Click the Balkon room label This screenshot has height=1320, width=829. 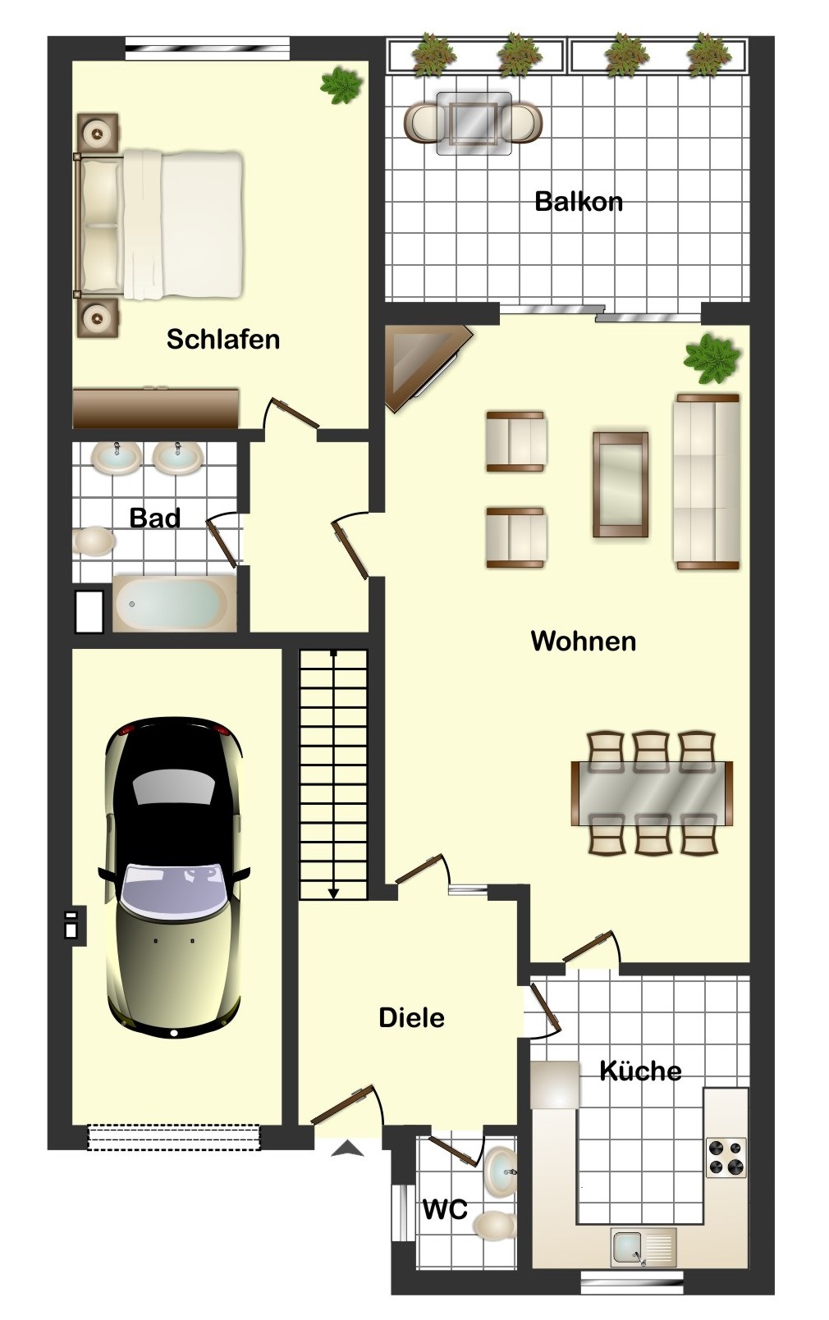(x=579, y=202)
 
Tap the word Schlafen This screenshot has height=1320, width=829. (x=223, y=340)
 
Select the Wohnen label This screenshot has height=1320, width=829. (x=583, y=642)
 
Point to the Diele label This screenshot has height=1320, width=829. (x=411, y=1018)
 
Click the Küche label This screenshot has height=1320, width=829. (x=640, y=1070)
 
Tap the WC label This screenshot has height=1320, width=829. (x=445, y=1209)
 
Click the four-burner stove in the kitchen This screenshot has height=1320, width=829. (x=726, y=1158)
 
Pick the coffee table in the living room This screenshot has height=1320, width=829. (x=621, y=484)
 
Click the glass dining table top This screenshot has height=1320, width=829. (x=652, y=793)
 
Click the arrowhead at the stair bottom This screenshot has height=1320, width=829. (x=334, y=894)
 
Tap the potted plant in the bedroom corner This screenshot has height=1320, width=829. (x=341, y=85)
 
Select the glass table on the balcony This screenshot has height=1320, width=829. (x=474, y=124)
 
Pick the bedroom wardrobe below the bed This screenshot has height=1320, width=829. (x=156, y=408)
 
